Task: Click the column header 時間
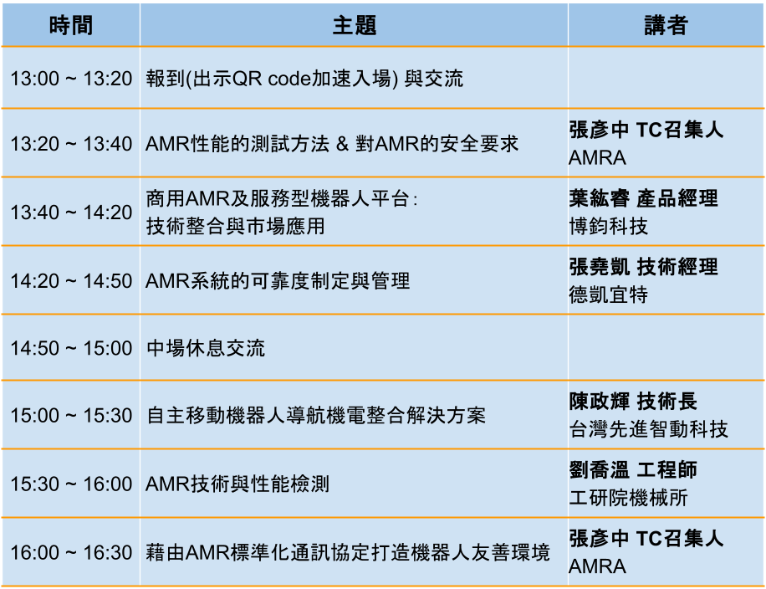[71, 25]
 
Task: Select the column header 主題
[355, 25]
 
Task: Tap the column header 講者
[666, 25]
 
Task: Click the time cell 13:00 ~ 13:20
[71, 79]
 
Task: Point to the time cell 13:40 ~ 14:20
[71, 213]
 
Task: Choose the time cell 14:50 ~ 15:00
[71, 349]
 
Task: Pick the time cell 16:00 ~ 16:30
[71, 553]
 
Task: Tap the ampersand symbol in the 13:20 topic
[342, 144]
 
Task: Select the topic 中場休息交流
[206, 349]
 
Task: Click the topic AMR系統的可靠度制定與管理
[278, 281]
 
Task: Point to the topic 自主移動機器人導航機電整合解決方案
[316, 416]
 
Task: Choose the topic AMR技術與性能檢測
[237, 484]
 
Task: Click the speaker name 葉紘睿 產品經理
[643, 199]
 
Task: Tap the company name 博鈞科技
[608, 226]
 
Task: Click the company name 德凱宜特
[608, 294]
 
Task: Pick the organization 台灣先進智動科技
[648, 430]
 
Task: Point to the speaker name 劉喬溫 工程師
[633, 470]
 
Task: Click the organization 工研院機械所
[628, 498]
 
